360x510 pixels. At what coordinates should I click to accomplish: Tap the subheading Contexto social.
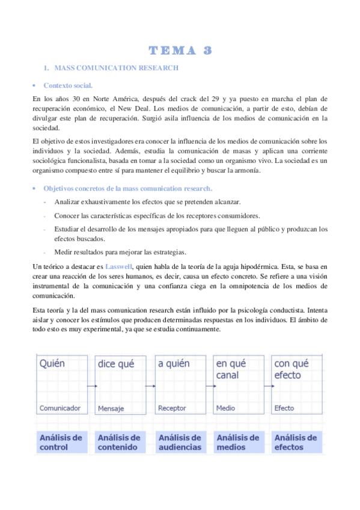click(x=68, y=86)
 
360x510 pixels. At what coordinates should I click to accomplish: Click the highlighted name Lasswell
click(x=118, y=266)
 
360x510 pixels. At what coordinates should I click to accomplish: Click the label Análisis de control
click(x=61, y=443)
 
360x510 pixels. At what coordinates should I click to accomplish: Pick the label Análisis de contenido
click(x=120, y=443)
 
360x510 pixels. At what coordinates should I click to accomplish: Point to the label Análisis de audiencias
click(x=180, y=443)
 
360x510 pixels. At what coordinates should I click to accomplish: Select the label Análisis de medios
click(x=239, y=443)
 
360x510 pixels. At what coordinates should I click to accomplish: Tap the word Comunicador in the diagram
click(x=59, y=408)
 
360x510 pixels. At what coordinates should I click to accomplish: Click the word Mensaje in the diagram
click(x=111, y=409)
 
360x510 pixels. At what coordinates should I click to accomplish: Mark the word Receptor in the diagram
click(x=172, y=408)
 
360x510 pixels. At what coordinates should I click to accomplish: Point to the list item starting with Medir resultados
click(x=111, y=252)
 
